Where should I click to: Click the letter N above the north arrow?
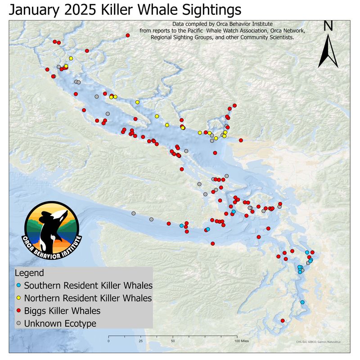click(x=328, y=26)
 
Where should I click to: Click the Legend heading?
click(x=29, y=273)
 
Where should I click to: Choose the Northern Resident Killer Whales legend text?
click(x=88, y=298)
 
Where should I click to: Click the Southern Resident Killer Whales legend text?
click(x=88, y=285)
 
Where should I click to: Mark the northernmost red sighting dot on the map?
click(x=128, y=35)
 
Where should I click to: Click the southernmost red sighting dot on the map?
click(x=283, y=320)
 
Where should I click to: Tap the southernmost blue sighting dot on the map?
click(x=302, y=302)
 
